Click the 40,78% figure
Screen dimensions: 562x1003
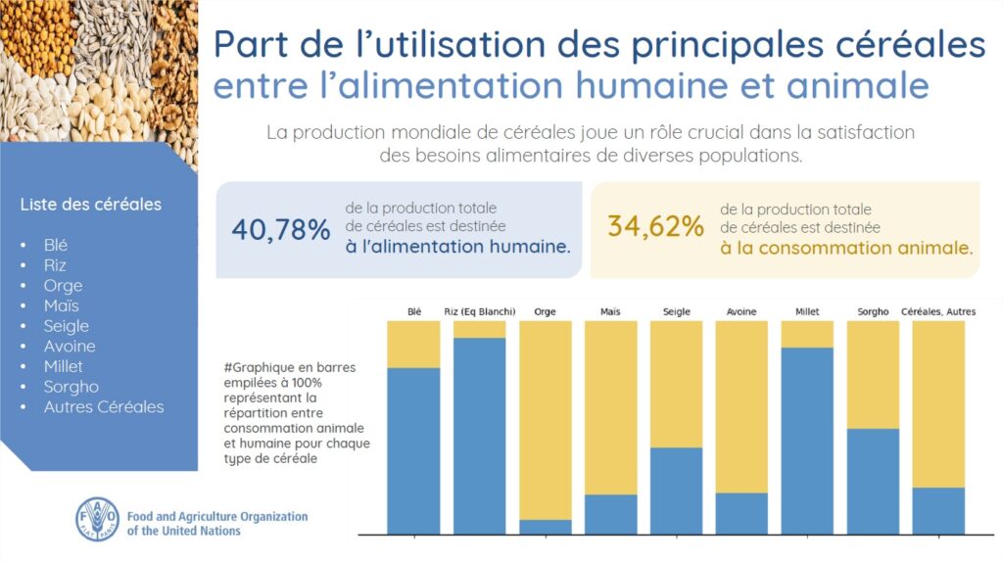click(281, 229)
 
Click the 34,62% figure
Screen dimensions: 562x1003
click(655, 227)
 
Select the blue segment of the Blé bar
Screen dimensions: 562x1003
click(413, 450)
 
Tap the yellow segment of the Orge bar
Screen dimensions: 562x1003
click(545, 419)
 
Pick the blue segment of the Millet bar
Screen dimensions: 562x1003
click(807, 441)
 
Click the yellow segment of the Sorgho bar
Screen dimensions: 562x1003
click(873, 374)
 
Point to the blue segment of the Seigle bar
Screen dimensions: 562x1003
click(676, 491)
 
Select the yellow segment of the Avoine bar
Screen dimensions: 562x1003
click(741, 406)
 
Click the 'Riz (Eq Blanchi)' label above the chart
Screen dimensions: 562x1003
click(479, 311)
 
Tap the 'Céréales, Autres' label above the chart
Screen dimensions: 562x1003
click(938, 311)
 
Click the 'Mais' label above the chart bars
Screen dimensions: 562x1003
click(610, 311)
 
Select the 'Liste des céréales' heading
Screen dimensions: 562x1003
click(90, 205)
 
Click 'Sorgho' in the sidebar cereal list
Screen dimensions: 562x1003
click(71, 387)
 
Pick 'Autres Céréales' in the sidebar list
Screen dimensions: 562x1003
click(104, 406)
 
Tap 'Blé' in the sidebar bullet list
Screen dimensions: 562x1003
click(56, 245)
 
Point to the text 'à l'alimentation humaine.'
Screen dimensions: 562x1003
click(457, 248)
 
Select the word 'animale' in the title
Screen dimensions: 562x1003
click(858, 86)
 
